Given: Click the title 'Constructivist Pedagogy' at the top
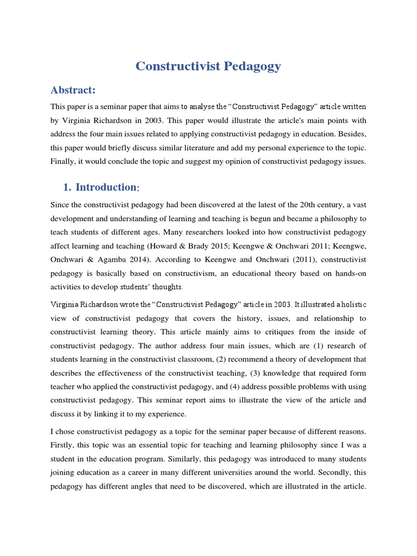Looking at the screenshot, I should (x=208, y=66).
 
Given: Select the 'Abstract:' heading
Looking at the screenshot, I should (x=73, y=90).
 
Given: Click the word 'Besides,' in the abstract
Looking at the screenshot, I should (x=351, y=132).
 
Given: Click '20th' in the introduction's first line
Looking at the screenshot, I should (x=306, y=205).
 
